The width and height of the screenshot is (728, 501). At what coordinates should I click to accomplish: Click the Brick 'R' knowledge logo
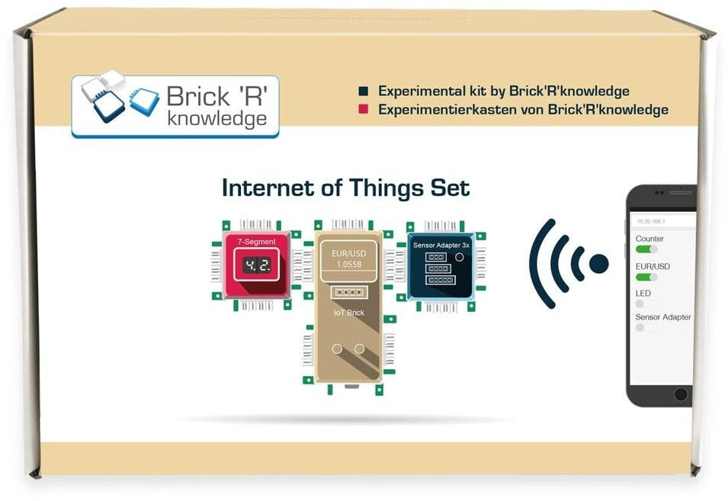[175, 107]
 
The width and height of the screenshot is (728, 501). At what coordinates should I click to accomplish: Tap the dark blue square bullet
[364, 92]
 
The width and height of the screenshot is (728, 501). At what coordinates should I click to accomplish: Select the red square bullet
[364, 110]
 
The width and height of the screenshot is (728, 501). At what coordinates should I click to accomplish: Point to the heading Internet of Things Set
[345, 187]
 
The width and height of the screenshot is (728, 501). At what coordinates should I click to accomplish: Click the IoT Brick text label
[348, 313]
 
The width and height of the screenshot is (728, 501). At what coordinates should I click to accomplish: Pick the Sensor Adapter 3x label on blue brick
[441, 246]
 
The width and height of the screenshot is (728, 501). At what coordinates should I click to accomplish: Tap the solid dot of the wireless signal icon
[599, 264]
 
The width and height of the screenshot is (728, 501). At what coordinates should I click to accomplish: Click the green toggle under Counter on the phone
[646, 249]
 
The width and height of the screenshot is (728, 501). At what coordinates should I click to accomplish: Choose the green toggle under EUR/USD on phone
[646, 277]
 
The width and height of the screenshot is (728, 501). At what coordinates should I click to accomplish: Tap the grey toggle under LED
[646, 303]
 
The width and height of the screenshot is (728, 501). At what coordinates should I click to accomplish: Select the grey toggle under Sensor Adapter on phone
[646, 328]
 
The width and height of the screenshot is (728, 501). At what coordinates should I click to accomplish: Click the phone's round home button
[681, 394]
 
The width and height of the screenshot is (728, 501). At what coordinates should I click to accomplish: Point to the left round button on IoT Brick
[337, 348]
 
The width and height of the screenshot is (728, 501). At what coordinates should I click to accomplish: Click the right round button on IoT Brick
[360, 348]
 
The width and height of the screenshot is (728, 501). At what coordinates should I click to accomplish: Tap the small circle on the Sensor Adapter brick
[459, 258]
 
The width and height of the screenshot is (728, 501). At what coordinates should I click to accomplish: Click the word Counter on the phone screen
[649, 239]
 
